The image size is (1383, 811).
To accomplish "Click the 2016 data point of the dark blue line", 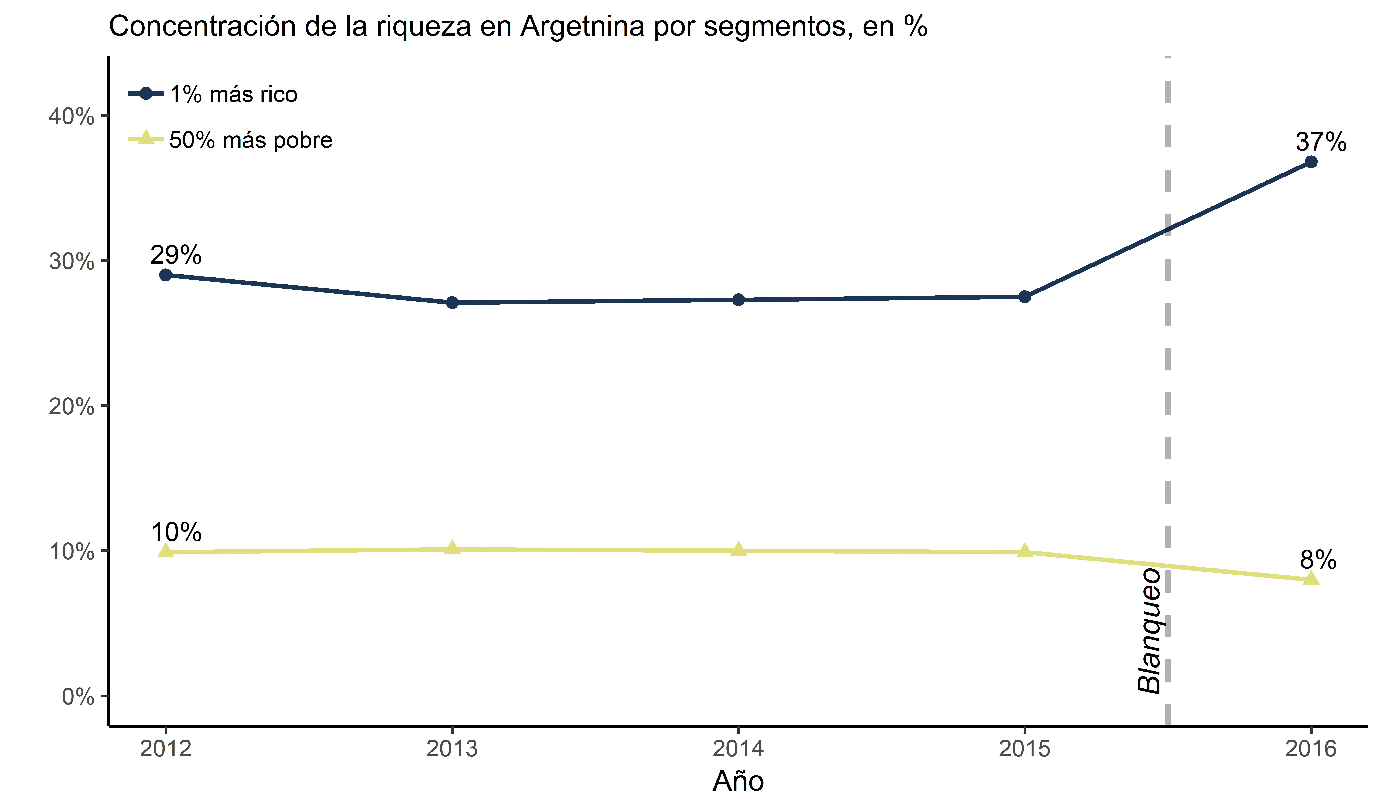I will point(1311,162).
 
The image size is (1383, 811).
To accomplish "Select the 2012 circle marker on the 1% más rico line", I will point(166,275).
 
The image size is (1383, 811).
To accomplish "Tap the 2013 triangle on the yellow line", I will point(452,548).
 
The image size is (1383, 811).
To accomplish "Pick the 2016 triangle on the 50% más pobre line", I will point(1311,578).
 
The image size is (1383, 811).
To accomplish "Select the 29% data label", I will point(176,255).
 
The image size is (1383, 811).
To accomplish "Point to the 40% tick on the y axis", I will point(71,116).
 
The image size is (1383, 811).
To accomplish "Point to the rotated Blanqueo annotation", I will point(1149,631).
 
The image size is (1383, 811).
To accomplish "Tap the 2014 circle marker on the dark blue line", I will point(738,300).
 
